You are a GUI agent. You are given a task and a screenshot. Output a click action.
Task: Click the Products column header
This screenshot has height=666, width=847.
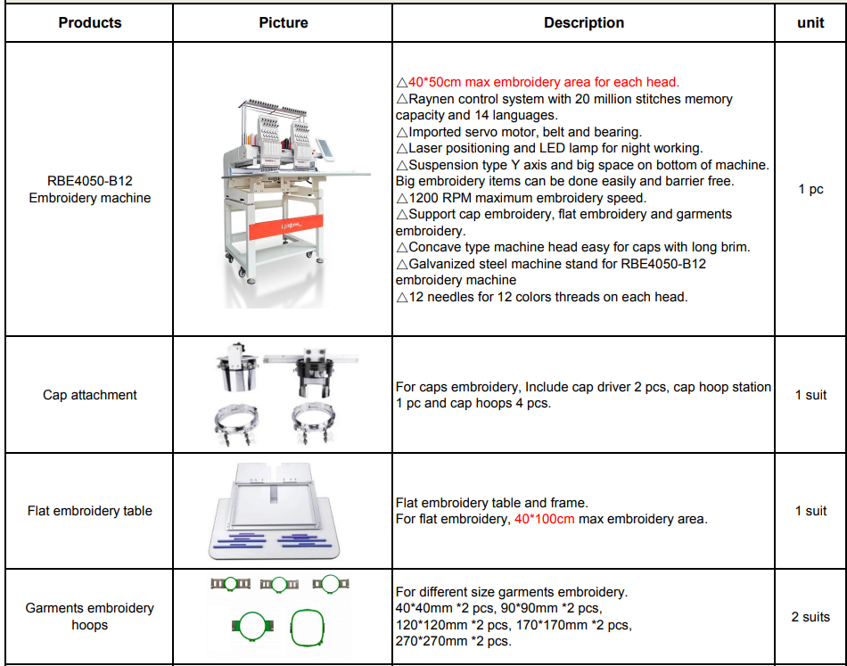90,22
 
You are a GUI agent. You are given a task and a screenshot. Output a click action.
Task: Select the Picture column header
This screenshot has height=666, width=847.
284,22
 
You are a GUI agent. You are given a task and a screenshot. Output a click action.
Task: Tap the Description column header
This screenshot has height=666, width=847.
584,22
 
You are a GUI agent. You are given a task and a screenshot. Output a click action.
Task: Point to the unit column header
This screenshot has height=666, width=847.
810,22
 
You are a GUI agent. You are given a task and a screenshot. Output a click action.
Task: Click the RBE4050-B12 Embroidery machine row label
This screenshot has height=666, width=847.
90,189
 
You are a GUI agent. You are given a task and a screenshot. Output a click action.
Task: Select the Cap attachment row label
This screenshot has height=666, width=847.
90,395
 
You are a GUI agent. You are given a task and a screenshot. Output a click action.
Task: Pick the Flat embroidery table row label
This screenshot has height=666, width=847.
90,511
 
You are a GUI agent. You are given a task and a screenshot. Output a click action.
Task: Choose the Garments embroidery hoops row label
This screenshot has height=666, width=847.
90,616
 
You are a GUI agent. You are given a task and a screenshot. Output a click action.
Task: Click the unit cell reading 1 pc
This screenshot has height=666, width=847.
810,189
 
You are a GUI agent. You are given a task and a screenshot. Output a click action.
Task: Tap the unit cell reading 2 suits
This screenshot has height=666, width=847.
810,616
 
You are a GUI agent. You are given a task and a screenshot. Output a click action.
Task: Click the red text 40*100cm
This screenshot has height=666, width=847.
544,519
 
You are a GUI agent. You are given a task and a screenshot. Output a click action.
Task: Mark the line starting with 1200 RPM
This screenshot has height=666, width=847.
521,198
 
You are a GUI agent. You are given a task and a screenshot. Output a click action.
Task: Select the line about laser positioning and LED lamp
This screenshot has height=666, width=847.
548,148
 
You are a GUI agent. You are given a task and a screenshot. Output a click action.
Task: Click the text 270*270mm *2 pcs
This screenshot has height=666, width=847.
453,642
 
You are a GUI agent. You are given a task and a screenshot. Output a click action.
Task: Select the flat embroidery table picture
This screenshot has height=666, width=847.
284,510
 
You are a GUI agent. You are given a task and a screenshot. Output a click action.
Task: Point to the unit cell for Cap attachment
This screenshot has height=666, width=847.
810,395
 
